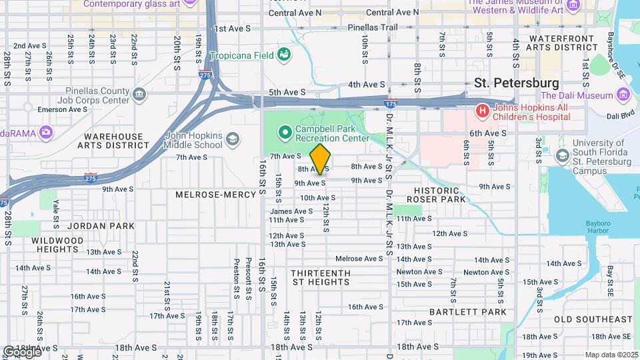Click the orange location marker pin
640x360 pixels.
pyautogui.click(x=321, y=159)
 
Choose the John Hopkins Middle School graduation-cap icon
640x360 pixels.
pyautogui.click(x=232, y=139)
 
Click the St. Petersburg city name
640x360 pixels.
pyautogui.click(x=516, y=83)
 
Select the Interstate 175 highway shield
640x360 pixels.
pyautogui.click(x=391, y=103)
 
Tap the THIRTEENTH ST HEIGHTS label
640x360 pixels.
pyautogui.click(x=321, y=277)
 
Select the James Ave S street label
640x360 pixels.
pyautogui.click(x=291, y=211)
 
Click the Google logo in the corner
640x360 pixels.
pyautogui.click(x=21, y=351)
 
